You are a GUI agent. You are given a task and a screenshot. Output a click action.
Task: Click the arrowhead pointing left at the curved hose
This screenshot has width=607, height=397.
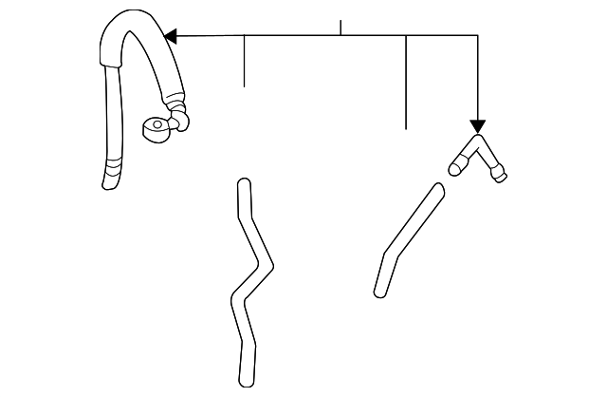171,36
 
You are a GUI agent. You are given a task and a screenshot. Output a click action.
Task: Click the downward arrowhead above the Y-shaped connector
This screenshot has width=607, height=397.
477,126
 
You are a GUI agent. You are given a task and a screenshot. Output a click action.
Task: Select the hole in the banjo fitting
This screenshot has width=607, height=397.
154,127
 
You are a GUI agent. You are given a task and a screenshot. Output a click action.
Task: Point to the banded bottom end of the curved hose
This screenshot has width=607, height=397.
112,177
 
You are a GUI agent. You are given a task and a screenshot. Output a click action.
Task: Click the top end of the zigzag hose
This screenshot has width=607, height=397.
244,184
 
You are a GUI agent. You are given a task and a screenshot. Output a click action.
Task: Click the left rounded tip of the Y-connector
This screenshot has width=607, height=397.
455,168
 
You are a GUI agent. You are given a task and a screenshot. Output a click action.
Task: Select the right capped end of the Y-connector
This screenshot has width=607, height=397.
499,174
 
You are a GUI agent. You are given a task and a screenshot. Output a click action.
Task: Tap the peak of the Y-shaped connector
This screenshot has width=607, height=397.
476,141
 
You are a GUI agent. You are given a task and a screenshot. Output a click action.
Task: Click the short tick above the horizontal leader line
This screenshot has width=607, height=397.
340,27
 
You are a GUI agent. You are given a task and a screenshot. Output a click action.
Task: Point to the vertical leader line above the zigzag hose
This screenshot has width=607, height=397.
245,61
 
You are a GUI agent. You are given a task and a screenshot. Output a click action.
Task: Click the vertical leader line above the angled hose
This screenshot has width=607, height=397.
406,82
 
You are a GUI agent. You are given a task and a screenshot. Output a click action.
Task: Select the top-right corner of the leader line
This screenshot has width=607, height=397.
477,36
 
